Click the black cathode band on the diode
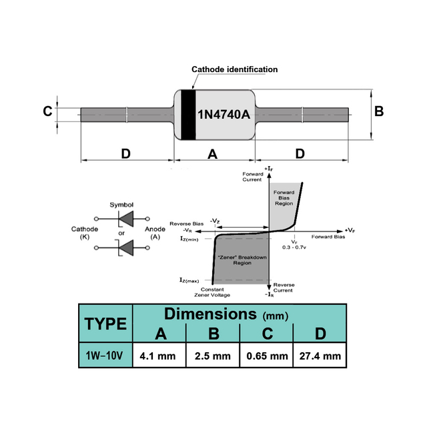(x=188, y=115)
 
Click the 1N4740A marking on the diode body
(x=224, y=114)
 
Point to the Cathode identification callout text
(x=234, y=69)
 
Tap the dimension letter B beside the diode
(x=379, y=111)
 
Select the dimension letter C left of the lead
(x=47, y=111)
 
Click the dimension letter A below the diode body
(x=212, y=154)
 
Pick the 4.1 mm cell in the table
(x=157, y=356)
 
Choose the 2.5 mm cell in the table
(x=213, y=356)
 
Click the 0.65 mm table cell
(x=267, y=356)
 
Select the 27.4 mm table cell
(x=320, y=356)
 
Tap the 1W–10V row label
(x=104, y=356)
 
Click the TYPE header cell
(x=105, y=324)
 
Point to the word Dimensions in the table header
(x=211, y=314)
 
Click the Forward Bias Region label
(x=284, y=198)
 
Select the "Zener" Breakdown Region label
(x=242, y=260)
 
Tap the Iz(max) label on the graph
(x=189, y=280)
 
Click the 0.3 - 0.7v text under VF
(x=294, y=248)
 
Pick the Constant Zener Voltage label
(x=212, y=292)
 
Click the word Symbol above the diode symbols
(x=121, y=205)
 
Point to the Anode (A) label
(x=155, y=233)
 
